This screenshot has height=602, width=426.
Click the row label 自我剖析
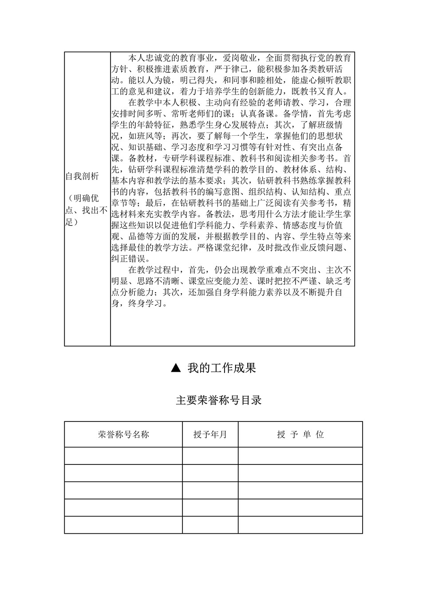82,176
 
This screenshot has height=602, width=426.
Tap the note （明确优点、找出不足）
87,210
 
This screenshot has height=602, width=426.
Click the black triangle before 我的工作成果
176,368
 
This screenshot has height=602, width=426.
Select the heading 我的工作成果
221,368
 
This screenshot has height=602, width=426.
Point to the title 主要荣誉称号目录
219,400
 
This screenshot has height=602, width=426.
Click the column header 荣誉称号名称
123,434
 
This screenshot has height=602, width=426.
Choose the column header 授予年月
210,434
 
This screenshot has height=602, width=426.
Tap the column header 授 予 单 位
300,434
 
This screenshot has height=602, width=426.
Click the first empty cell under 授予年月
210,456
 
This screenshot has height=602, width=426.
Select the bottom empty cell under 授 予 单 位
300,524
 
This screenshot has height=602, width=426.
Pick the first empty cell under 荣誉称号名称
123,456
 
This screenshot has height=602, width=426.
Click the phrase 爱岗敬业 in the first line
241,58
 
